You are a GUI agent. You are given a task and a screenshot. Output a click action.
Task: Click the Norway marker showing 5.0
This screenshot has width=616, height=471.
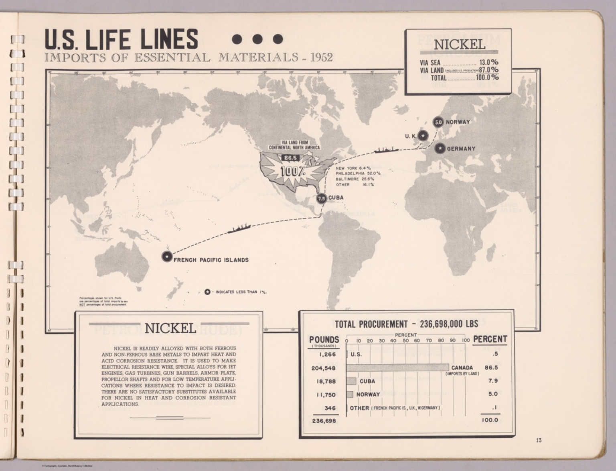(x=438, y=122)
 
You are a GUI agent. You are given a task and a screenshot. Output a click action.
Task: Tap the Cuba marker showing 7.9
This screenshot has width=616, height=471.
(x=321, y=198)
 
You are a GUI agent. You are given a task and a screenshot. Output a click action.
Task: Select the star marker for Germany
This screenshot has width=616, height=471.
(x=440, y=149)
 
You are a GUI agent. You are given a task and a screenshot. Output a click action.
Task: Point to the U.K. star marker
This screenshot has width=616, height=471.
(x=422, y=136)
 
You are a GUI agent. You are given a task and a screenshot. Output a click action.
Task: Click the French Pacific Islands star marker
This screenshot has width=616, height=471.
(x=167, y=256)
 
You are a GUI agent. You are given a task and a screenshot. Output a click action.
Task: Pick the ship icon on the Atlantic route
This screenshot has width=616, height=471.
(x=385, y=150)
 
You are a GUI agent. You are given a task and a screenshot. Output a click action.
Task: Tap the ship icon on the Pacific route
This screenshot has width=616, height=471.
(x=239, y=228)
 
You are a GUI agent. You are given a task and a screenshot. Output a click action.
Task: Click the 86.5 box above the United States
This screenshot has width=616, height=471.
(x=290, y=158)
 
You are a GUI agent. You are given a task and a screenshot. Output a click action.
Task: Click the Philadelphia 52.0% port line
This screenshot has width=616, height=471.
(x=358, y=173)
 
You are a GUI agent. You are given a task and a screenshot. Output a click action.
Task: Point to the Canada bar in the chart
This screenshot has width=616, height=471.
(x=397, y=367)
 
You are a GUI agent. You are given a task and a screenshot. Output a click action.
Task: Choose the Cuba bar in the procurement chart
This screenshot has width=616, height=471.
(x=351, y=381)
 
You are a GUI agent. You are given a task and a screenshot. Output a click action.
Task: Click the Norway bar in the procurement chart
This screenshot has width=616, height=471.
(x=350, y=395)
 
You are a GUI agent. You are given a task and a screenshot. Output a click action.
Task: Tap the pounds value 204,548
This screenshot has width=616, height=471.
(x=323, y=368)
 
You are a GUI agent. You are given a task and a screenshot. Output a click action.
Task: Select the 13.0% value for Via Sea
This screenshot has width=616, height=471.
(x=488, y=62)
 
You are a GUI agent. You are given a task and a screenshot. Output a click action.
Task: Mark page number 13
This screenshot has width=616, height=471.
(x=539, y=440)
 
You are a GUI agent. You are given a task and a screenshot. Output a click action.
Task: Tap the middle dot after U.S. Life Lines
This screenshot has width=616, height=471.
(x=257, y=39)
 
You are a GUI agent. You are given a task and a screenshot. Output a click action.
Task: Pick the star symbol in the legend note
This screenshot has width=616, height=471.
(x=207, y=292)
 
